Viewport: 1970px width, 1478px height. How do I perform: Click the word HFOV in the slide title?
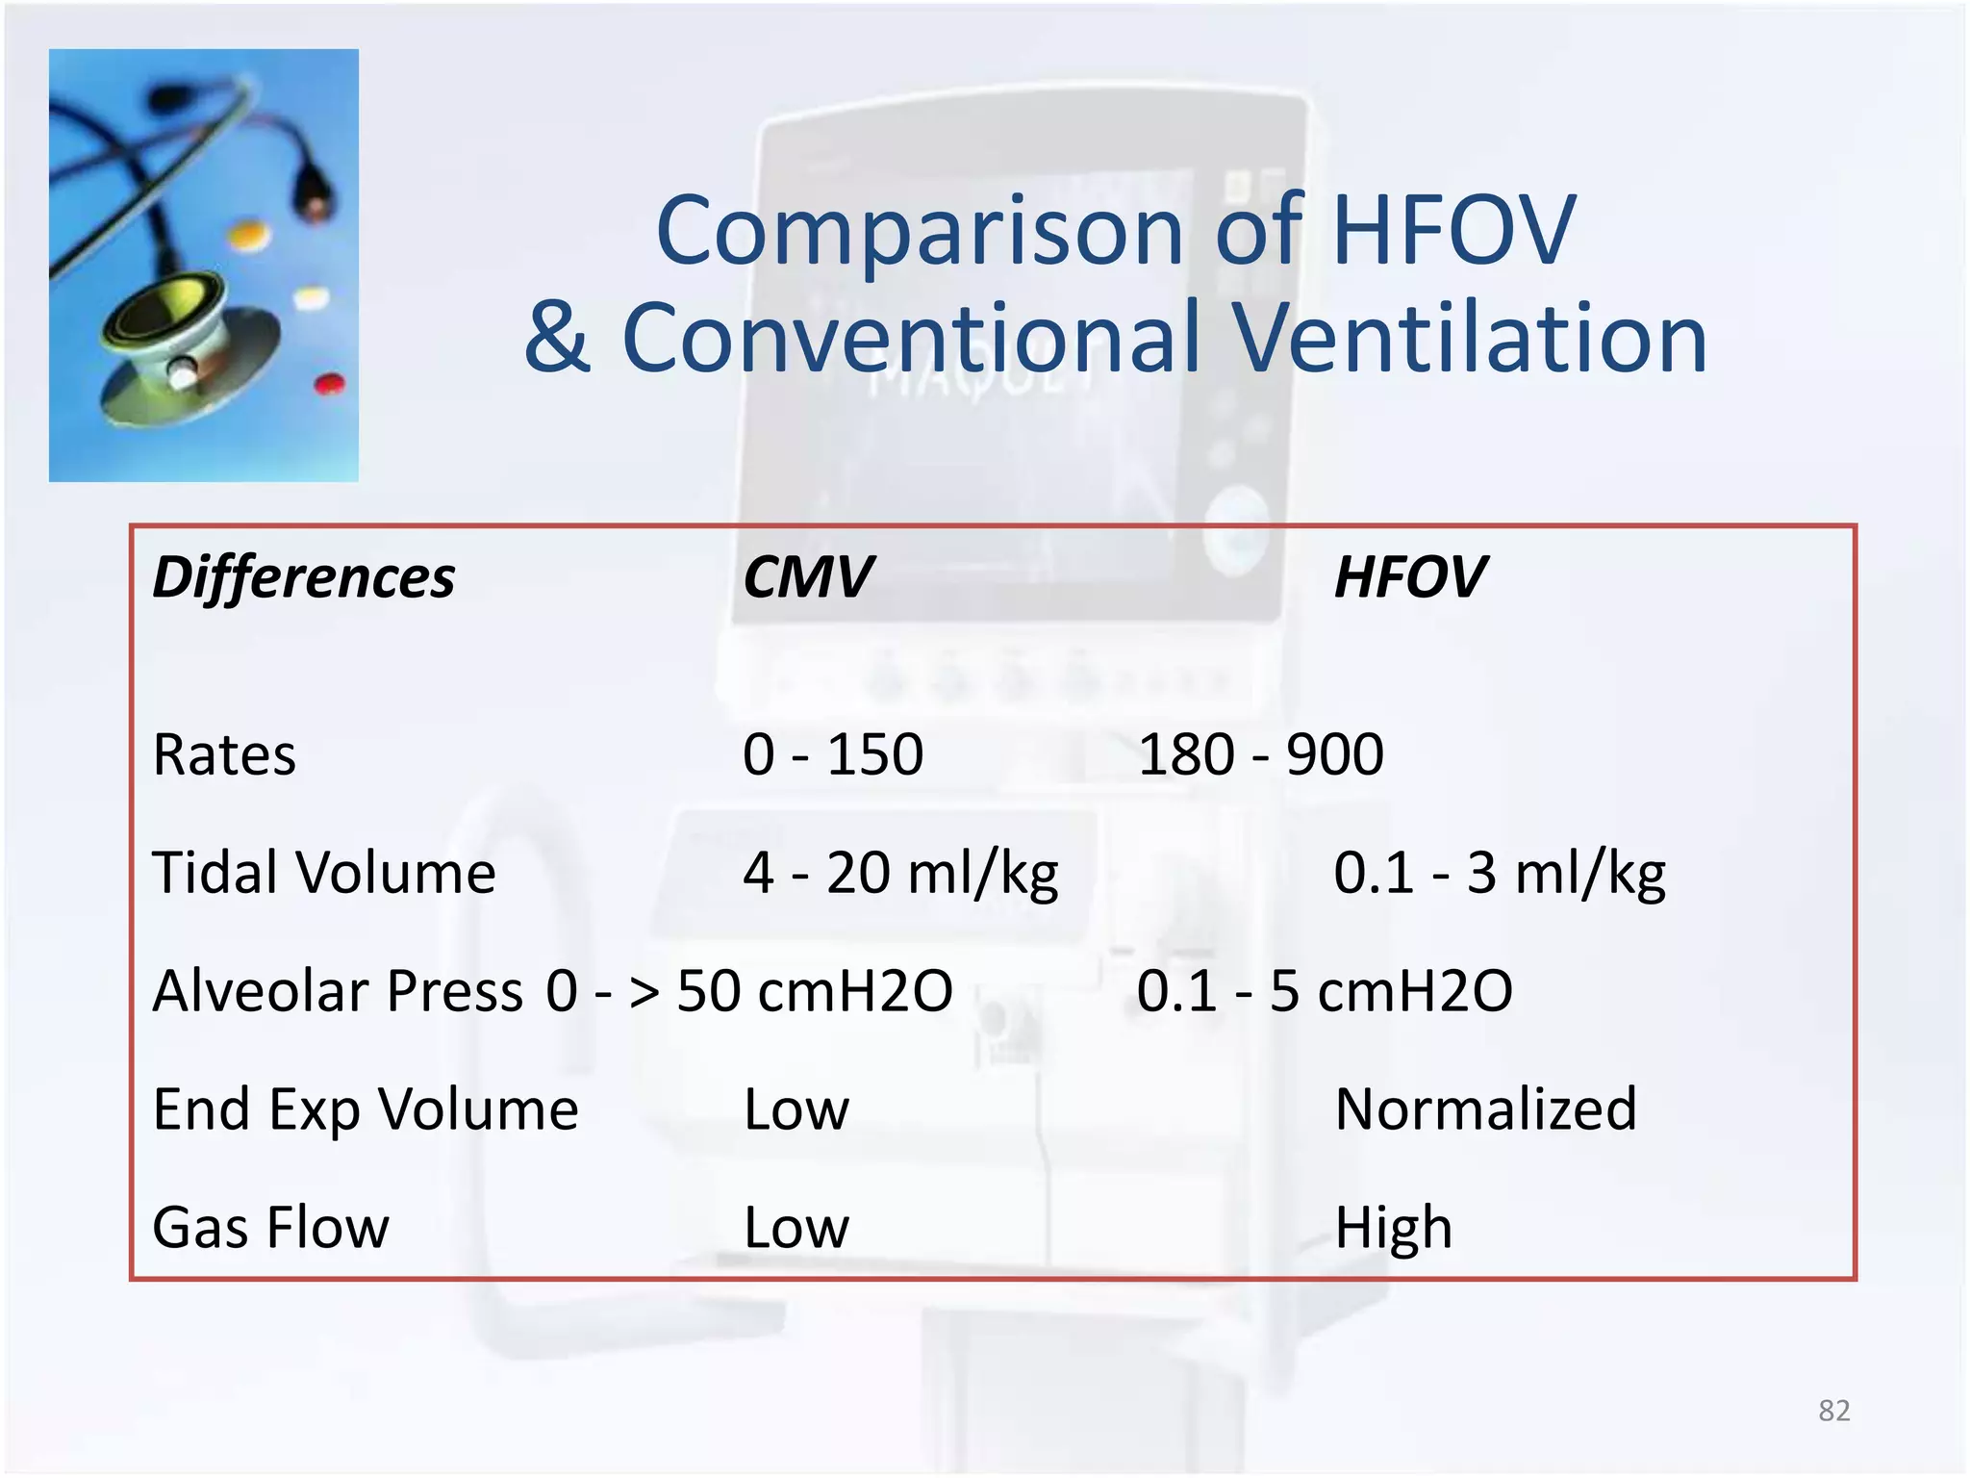pos(1452,231)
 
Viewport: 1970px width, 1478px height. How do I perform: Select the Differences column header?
pos(304,577)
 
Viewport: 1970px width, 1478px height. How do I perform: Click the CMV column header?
pos(808,577)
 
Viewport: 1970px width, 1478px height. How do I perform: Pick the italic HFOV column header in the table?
pos(1410,577)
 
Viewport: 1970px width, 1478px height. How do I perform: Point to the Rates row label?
pos(224,754)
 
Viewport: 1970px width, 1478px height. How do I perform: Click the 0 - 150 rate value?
pos(833,754)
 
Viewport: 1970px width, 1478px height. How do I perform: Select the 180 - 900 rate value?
pos(1260,754)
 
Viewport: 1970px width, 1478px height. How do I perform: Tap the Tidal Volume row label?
pos(324,873)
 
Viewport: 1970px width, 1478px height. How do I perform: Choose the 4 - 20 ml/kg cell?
pos(900,873)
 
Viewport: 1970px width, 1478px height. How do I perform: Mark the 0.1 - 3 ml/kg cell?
pos(1499,873)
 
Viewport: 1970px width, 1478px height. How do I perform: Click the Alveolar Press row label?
pos(338,991)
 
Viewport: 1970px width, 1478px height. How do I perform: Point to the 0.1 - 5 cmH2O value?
pos(1325,991)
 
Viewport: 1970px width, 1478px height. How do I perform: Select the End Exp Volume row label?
pos(366,1109)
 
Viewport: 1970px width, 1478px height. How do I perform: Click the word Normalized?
pos(1486,1109)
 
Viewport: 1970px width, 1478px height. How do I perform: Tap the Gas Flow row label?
pos(271,1228)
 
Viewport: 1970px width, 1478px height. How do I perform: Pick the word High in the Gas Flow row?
pos(1394,1228)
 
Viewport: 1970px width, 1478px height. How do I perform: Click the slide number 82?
pos(1834,1411)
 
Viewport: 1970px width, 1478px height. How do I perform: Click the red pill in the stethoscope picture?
pos(329,384)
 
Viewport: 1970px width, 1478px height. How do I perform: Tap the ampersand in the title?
pos(557,338)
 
